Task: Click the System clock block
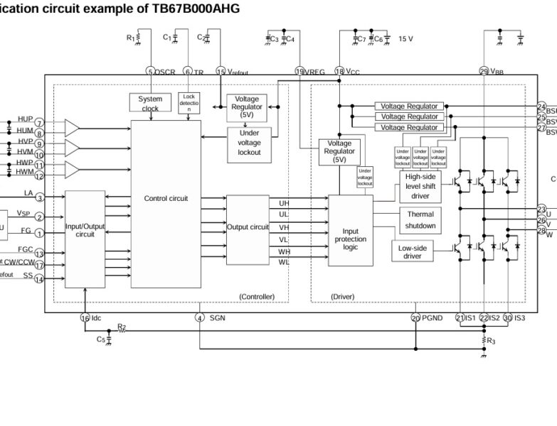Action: click(149, 103)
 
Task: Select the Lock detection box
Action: click(189, 102)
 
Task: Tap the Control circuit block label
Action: click(166, 199)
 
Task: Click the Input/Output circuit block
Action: click(85, 229)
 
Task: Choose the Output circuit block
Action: click(248, 227)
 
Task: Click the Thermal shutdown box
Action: click(420, 219)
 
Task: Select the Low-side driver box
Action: click(413, 251)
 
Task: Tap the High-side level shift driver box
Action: click(420, 186)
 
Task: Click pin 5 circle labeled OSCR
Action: click(150, 71)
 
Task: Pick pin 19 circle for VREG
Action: click(299, 71)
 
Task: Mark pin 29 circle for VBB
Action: click(484, 71)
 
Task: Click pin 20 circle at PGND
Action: click(415, 317)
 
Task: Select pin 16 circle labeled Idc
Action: click(85, 317)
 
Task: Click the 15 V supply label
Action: click(405, 39)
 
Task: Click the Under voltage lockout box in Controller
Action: click(249, 142)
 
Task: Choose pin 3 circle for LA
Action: click(40, 197)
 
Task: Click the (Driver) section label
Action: click(342, 296)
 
